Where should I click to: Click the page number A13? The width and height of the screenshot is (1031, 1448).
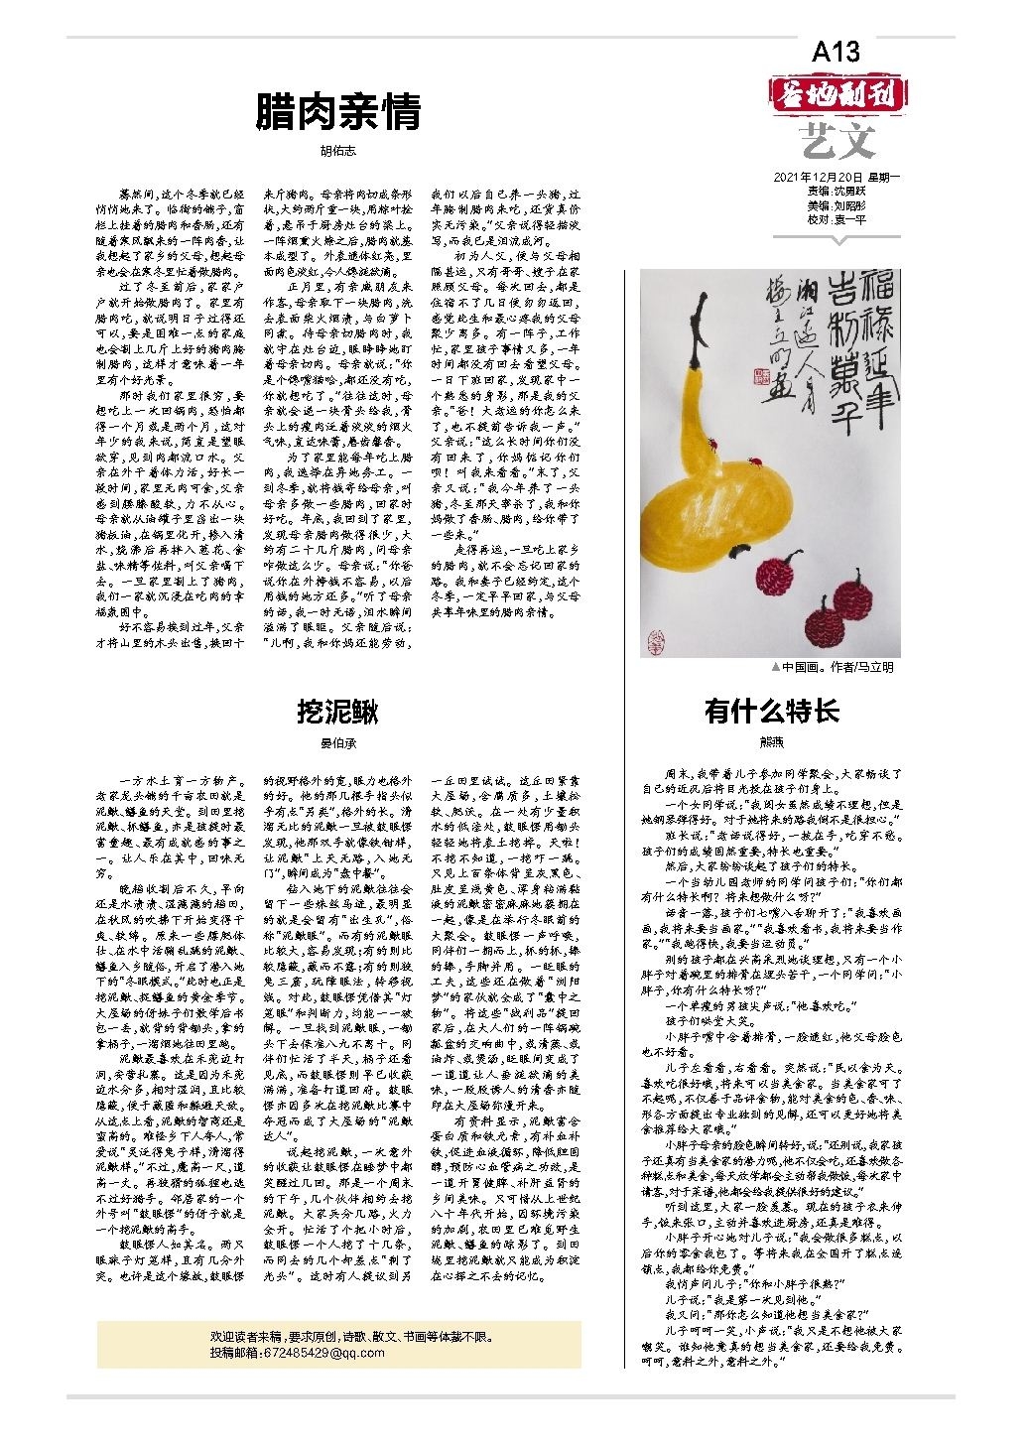click(x=836, y=52)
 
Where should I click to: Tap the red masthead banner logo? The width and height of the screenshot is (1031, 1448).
click(x=838, y=95)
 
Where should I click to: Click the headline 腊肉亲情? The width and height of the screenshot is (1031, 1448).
click(x=338, y=111)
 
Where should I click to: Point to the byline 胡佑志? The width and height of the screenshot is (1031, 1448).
click(x=338, y=150)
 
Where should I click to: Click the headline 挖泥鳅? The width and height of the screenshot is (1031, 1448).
click(x=338, y=711)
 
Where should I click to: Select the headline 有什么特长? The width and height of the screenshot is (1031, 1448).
click(x=771, y=711)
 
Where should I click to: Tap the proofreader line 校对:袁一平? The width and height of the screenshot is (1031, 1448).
click(x=837, y=219)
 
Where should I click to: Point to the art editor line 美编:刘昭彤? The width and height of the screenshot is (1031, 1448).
click(x=837, y=205)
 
